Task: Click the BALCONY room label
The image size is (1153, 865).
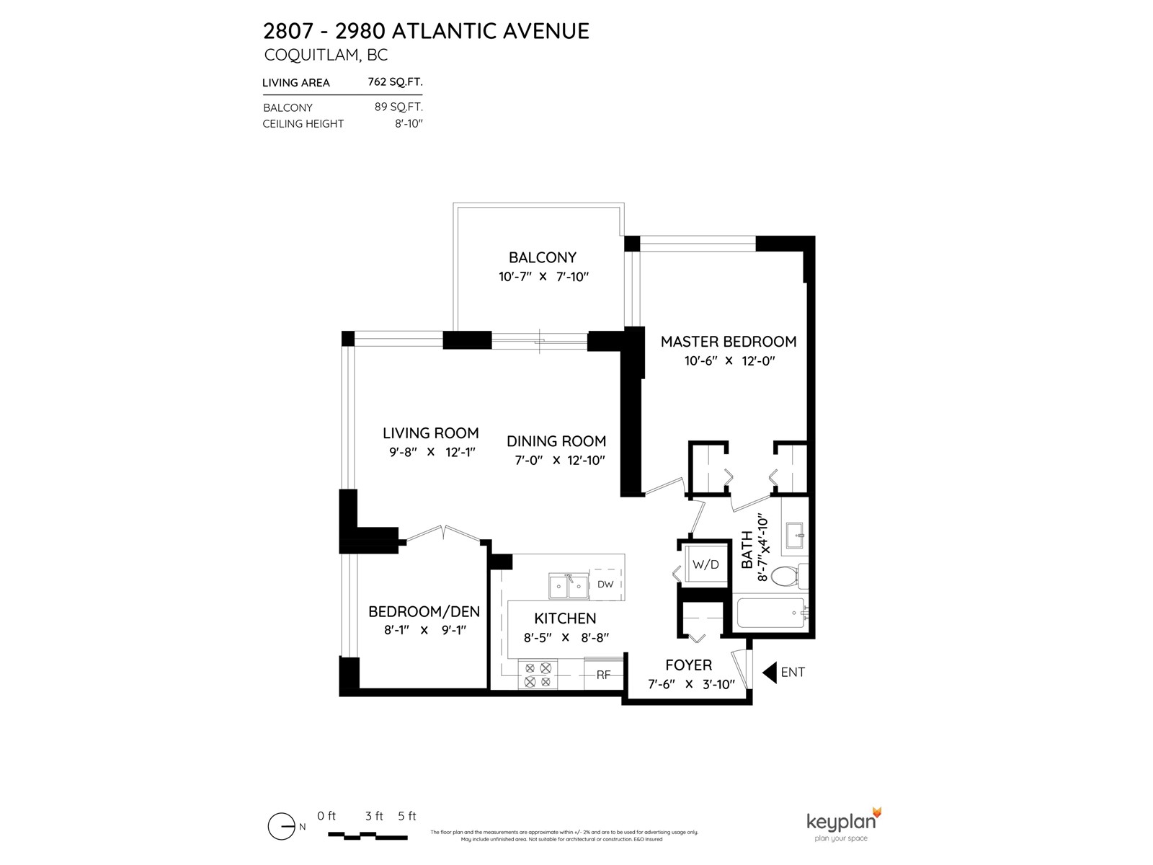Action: tap(542, 257)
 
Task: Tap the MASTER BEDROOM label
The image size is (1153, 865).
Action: tap(728, 342)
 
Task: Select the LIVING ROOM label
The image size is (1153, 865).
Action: tap(430, 432)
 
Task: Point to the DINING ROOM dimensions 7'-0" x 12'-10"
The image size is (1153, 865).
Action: tap(559, 460)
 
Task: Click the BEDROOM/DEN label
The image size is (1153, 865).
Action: tap(424, 611)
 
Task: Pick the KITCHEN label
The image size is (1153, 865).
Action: tap(565, 618)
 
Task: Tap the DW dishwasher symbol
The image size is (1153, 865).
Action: tap(605, 583)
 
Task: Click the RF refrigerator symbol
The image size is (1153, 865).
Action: tap(604, 675)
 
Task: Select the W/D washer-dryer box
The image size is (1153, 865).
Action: tap(705, 564)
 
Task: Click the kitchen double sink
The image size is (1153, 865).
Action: tap(569, 586)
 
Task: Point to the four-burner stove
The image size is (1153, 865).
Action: tap(538, 675)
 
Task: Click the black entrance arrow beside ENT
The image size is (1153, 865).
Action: tap(770, 673)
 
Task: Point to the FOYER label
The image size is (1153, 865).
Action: tap(688, 665)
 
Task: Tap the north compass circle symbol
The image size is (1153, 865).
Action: tap(282, 826)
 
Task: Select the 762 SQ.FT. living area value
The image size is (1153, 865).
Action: tap(395, 82)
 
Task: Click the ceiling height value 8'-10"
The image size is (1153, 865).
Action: tap(409, 124)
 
